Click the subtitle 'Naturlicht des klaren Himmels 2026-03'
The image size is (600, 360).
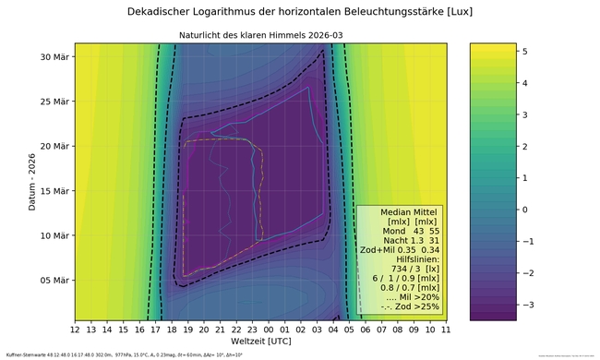click(260, 36)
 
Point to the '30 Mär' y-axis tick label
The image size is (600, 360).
click(54, 57)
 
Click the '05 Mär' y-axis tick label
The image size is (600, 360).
click(54, 280)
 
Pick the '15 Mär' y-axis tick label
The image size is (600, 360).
click(54, 191)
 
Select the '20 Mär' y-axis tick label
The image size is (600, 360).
click(54, 147)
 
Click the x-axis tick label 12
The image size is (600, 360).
click(76, 329)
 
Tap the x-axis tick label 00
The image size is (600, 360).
click(269, 329)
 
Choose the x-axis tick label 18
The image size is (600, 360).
click(172, 329)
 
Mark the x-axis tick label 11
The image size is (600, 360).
click(445, 329)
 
